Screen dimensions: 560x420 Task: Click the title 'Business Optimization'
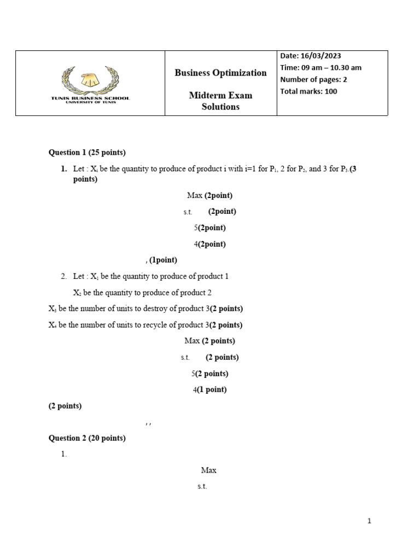(220, 73)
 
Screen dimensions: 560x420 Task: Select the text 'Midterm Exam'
(220, 95)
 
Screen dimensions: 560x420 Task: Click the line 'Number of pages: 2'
(313, 79)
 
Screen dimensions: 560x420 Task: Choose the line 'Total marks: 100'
(308, 91)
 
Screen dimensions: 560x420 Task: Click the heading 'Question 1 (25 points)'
(87, 153)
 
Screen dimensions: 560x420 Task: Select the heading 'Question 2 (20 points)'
(87, 438)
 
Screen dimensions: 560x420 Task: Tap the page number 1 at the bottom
(369, 521)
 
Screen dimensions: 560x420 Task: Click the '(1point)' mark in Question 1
(163, 260)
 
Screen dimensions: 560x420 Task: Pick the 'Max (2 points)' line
(209, 341)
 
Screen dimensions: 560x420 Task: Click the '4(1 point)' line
(209, 390)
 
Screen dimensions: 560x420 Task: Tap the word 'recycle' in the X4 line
(149, 325)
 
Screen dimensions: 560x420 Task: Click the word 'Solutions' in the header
(220, 107)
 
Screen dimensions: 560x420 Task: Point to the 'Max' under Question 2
(209, 470)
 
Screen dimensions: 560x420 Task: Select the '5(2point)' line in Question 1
(209, 227)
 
